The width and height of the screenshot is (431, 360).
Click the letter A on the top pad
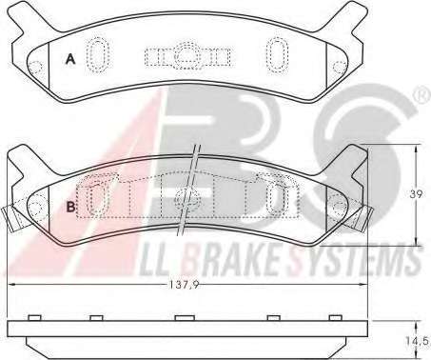click(70, 59)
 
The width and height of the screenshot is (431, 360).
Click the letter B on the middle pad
click(71, 207)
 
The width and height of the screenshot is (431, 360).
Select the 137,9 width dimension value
click(184, 286)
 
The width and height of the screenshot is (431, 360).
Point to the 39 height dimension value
click(416, 194)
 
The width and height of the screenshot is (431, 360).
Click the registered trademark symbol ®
click(422, 95)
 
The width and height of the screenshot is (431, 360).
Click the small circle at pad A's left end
click(35, 67)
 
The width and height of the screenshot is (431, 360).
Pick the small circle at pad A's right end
click(340, 67)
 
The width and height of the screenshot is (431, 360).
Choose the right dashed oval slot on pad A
click(277, 55)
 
